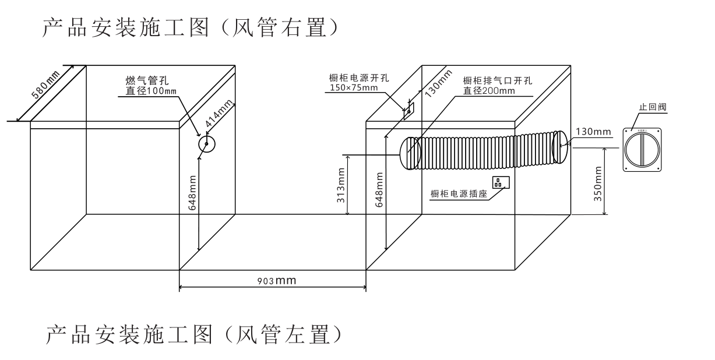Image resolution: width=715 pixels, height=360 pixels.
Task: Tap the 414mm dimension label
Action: click(x=219, y=115)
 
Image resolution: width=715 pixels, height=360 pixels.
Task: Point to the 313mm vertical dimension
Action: click(x=342, y=183)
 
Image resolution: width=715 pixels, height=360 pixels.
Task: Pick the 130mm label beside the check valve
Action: click(x=593, y=132)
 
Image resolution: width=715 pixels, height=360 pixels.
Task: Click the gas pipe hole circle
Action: click(x=206, y=144)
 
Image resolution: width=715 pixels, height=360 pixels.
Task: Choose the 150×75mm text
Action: click(x=353, y=88)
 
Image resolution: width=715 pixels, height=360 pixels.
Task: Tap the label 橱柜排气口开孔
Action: click(x=497, y=81)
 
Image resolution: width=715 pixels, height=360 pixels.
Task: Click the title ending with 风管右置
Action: click(x=189, y=28)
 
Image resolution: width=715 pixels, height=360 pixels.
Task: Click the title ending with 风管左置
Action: click(x=192, y=334)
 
